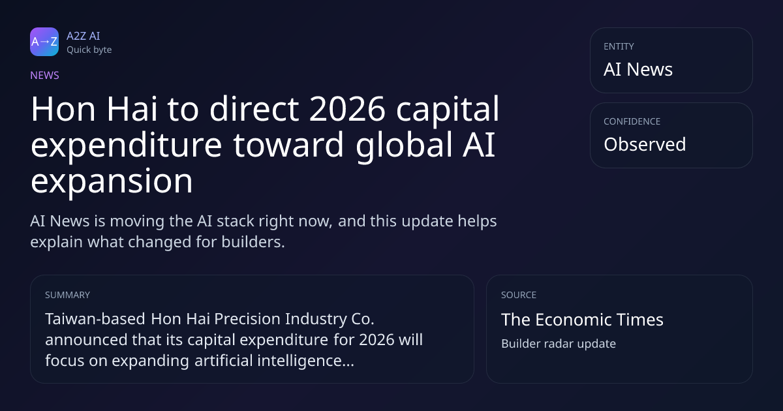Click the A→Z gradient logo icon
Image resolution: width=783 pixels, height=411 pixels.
click(x=44, y=42)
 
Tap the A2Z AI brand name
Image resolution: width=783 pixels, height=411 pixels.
click(x=84, y=36)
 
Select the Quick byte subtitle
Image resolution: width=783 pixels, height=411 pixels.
click(x=89, y=50)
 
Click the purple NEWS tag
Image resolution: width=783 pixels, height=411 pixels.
click(x=44, y=76)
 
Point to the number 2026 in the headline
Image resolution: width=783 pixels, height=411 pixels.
click(x=347, y=109)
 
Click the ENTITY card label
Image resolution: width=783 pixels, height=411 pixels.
click(x=619, y=46)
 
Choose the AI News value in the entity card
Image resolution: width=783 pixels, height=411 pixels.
click(x=638, y=69)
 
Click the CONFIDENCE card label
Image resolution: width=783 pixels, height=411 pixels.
click(x=632, y=121)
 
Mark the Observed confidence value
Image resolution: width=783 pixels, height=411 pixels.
click(x=645, y=144)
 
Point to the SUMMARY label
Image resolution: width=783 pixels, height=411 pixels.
click(x=67, y=295)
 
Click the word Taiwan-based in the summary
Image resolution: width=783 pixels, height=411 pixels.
click(x=95, y=319)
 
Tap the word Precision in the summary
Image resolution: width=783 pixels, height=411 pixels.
click(x=247, y=319)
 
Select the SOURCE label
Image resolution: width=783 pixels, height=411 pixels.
click(x=519, y=295)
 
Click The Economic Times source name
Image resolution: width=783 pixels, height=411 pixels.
click(x=582, y=320)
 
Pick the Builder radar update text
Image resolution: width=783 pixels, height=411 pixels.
click(x=559, y=344)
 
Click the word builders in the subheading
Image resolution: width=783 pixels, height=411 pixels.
click(x=253, y=242)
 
